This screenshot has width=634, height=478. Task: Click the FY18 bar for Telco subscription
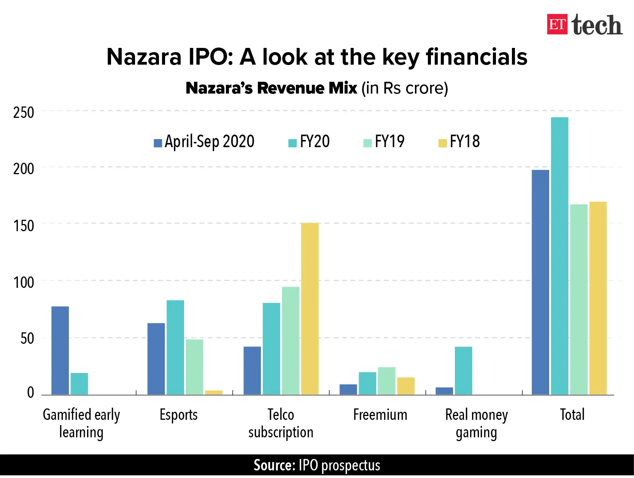pyautogui.click(x=310, y=308)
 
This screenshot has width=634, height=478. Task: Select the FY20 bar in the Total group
pyautogui.click(x=559, y=256)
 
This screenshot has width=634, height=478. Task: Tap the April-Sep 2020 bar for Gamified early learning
pyautogui.click(x=60, y=350)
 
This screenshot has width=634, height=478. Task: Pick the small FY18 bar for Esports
pyautogui.click(x=213, y=392)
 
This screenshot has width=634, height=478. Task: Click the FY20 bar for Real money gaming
pyautogui.click(x=463, y=370)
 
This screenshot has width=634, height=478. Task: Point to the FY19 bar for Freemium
pyautogui.click(x=386, y=381)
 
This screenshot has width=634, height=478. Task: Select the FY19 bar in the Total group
pyautogui.click(x=578, y=299)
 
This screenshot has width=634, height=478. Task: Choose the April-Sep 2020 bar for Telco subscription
pyautogui.click(x=252, y=370)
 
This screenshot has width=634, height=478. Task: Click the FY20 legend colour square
pyautogui.click(x=292, y=143)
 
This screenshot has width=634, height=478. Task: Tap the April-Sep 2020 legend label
pyautogui.click(x=209, y=142)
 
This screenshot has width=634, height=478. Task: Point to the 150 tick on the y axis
pyautogui.click(x=24, y=226)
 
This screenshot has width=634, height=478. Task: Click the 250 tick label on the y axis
pyautogui.click(x=24, y=113)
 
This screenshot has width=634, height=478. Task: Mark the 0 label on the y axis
pyautogui.click(x=30, y=393)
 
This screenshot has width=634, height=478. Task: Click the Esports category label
pyautogui.click(x=178, y=414)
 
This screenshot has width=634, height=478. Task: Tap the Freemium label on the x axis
pyautogui.click(x=380, y=414)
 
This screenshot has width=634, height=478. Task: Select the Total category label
pyautogui.click(x=572, y=414)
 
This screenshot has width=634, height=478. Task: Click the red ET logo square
pyautogui.click(x=557, y=24)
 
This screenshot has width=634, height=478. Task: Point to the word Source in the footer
pyautogui.click(x=274, y=465)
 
